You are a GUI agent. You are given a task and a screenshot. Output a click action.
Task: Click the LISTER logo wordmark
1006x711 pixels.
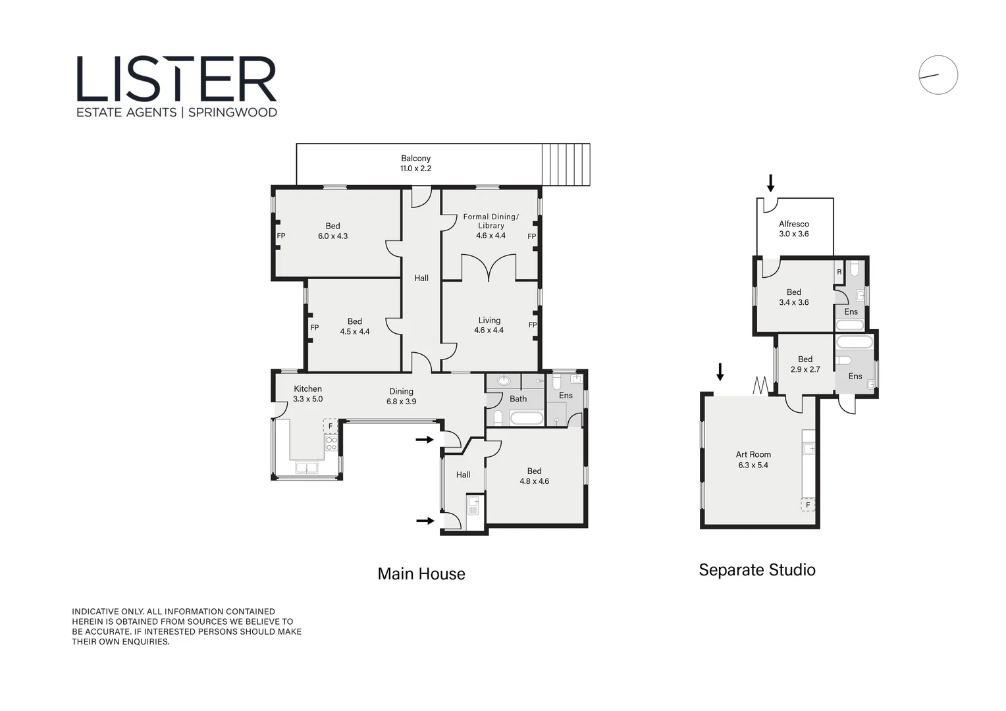[176, 79]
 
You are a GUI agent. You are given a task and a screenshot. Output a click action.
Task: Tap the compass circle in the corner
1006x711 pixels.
[938, 75]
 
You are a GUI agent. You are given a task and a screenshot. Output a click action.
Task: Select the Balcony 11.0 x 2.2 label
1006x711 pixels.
[415, 163]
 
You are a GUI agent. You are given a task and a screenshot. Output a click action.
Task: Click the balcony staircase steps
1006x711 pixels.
[566, 165]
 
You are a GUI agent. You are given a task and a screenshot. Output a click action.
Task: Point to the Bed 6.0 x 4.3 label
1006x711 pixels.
[332, 231]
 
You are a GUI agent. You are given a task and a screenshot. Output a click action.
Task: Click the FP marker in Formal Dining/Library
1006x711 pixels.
[531, 236]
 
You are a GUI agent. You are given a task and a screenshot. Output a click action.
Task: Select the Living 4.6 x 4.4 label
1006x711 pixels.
[489, 325]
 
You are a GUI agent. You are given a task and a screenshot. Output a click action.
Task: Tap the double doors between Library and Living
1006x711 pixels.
[489, 268]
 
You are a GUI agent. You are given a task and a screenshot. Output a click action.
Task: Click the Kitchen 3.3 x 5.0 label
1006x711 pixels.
[307, 394]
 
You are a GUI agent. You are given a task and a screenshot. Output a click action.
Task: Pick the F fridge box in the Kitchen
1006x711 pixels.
[331, 426]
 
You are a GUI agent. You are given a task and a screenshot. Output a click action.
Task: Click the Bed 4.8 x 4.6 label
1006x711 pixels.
[534, 476]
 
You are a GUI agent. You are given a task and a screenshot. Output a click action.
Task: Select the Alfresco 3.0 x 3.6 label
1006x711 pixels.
[793, 229]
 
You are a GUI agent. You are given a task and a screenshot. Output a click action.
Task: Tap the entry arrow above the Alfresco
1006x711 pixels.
[770, 183]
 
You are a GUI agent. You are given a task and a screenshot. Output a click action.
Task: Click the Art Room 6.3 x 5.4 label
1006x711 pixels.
[753, 460]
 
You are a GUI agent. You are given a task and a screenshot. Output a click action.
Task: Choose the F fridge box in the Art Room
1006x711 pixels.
[808, 505]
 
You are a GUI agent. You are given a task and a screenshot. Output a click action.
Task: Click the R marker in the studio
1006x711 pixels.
[839, 272]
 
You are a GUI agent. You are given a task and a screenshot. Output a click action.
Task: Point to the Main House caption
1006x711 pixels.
[421, 574]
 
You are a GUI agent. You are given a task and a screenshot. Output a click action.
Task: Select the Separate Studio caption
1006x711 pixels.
[757, 570]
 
